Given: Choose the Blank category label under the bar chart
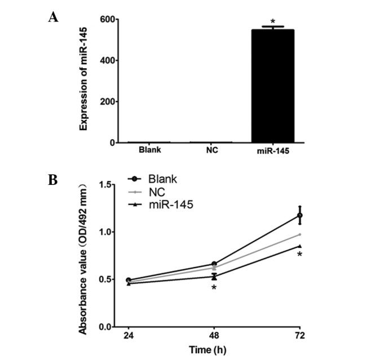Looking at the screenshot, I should click(x=150, y=150).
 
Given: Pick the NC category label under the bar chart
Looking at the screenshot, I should click(x=211, y=150).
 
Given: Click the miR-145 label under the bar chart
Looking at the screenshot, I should click(x=272, y=150).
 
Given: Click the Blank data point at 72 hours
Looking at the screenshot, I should click(x=300, y=215).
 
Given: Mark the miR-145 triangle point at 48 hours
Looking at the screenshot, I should click(x=214, y=277).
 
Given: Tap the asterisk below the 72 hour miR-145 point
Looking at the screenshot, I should click(x=300, y=255).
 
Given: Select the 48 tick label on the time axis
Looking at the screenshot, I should click(x=214, y=336).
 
